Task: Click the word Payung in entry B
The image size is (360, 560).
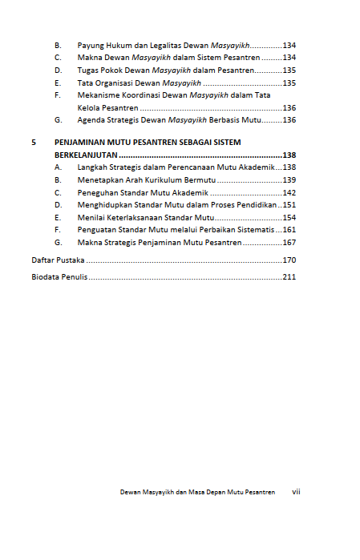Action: pyautogui.click(x=91, y=46)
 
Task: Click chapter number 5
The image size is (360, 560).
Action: pyautogui.click(x=34, y=143)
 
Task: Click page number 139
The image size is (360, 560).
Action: pyautogui.click(x=289, y=180)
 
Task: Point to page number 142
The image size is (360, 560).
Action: pyautogui.click(x=289, y=193)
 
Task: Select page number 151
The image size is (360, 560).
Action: pyautogui.click(x=289, y=205)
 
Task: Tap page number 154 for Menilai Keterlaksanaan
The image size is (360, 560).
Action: pyautogui.click(x=289, y=217)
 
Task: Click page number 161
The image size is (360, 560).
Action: pyautogui.click(x=289, y=230)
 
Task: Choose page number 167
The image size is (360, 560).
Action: pyautogui.click(x=289, y=242)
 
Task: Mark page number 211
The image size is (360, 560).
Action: pyautogui.click(x=289, y=277)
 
